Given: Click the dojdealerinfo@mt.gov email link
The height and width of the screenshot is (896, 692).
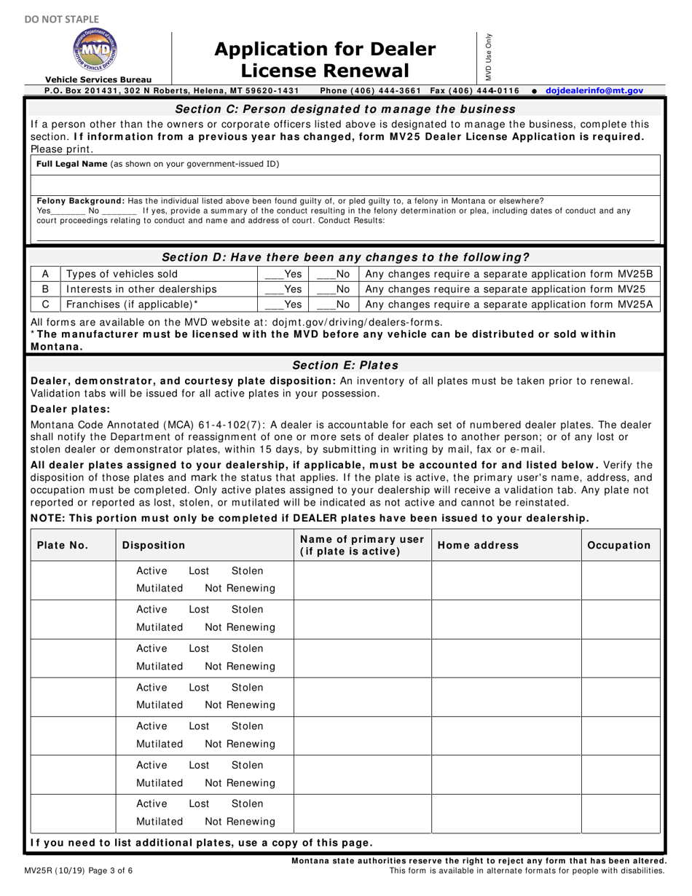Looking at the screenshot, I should pos(594,90).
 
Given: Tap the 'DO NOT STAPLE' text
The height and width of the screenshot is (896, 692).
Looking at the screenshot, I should pos(62,19).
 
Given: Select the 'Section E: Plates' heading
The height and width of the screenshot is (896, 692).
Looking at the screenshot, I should pos(345,365).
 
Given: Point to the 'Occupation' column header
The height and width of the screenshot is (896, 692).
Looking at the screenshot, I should pos(618,545).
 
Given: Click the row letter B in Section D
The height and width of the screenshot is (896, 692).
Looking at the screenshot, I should pos(45,289).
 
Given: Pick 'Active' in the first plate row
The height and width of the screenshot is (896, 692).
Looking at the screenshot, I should pos(152,570).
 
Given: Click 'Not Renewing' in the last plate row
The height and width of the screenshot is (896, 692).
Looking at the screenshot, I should pos(240,822).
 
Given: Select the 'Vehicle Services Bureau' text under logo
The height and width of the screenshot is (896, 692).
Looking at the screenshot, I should pos(98,79).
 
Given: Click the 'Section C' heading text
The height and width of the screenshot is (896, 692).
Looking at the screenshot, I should pos(345,109).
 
